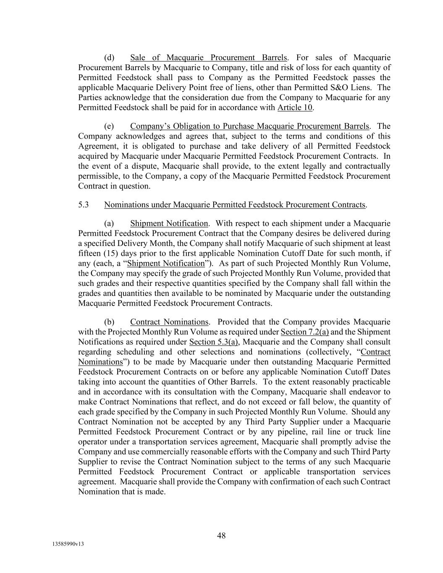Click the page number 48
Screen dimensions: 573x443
(221, 535)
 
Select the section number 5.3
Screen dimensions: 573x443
(84, 205)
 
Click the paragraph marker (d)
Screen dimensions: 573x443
(109, 58)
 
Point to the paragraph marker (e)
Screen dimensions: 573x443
(109, 126)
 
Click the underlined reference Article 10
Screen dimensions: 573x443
(295, 107)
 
